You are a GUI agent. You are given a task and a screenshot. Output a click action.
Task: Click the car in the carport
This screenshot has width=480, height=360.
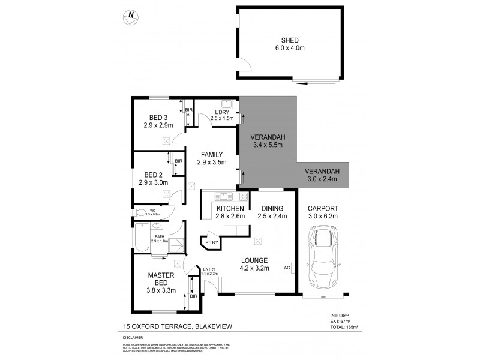pos(323,257)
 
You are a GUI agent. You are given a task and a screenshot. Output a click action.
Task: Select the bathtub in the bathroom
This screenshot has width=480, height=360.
pos(141,236)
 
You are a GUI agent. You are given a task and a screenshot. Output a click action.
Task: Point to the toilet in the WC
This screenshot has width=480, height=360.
pos(140,212)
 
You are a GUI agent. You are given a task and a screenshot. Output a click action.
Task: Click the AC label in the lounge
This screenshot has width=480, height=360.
pos(287,268)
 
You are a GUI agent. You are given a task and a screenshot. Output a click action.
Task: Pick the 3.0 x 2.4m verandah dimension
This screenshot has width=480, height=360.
pos(323,179)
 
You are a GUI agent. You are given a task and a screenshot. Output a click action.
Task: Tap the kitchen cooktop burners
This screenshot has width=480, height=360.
pos(244,196)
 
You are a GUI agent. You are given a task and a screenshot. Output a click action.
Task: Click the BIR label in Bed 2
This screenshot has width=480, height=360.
pos(178,161)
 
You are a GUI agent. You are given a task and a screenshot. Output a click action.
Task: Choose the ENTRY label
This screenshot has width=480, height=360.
pos(209,269)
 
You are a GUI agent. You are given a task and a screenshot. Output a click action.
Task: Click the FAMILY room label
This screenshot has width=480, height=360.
pos(212,154)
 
